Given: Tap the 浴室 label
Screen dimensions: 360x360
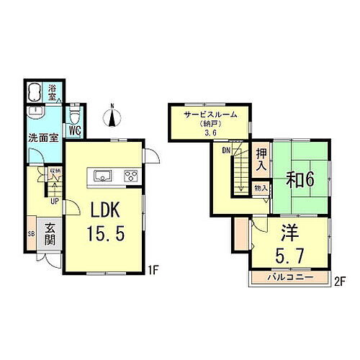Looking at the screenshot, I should [x=53, y=91].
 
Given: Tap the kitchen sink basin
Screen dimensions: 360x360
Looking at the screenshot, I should [x=102, y=175].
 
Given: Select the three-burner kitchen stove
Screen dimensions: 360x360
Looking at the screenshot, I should [x=130, y=175].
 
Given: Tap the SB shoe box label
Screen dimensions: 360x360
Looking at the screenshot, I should [x=31, y=234].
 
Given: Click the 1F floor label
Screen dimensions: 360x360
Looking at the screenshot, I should [x=153, y=271].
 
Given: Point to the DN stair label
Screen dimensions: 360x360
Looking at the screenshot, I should [x=225, y=150].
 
